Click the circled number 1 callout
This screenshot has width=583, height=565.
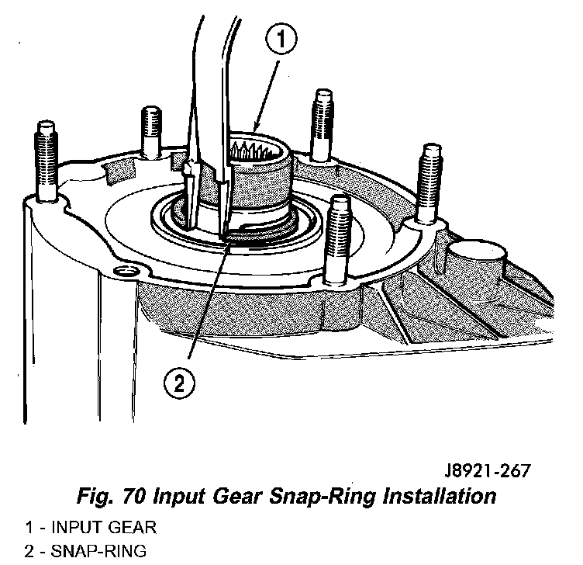pos(281,39)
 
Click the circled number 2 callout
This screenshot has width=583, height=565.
pos(179,383)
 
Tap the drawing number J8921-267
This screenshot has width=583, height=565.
pos(488,470)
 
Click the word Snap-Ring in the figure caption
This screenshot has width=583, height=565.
pos(322,497)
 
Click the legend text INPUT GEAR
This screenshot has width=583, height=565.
pos(104,528)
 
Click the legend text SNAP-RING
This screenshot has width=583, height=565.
pos(98,551)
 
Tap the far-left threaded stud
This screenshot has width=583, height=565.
pos(47,161)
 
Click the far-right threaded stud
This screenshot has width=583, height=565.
pos(429,184)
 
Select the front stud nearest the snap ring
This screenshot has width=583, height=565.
pos(338,240)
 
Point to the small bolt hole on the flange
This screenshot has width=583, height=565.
pos(124,271)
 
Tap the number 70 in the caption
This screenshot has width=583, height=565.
pos(133,496)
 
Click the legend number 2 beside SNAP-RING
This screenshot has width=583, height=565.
pos(29,551)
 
